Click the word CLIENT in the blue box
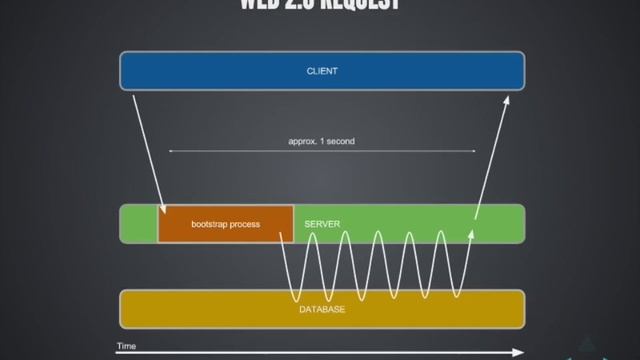[x=321, y=71]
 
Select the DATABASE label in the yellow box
[x=322, y=310]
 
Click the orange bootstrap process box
[x=225, y=224]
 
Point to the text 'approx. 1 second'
[x=321, y=141]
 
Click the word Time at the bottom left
[x=126, y=346]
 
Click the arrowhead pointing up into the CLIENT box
[x=507, y=99]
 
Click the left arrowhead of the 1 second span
[x=170, y=151]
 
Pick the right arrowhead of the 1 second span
[x=473, y=151]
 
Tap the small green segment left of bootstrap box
[x=138, y=224]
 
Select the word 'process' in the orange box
[x=244, y=224]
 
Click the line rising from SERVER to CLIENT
[x=490, y=155]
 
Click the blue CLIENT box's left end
[x=128, y=71]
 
